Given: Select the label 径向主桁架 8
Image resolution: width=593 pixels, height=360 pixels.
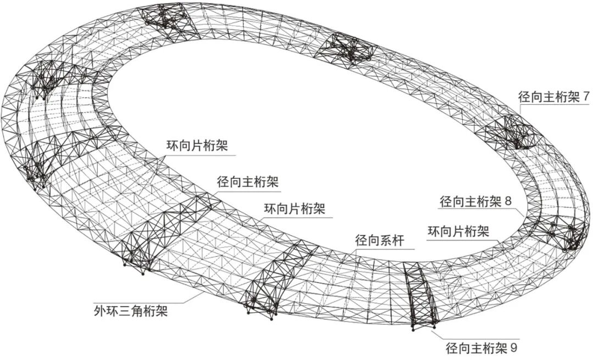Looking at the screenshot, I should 475,201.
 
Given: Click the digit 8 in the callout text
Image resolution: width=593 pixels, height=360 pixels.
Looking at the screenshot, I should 508,201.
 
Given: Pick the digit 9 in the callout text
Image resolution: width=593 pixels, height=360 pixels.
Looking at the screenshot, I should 514,348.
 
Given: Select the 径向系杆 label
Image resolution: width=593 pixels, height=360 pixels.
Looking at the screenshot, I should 379,240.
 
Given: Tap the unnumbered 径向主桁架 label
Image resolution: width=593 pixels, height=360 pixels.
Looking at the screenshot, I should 248,182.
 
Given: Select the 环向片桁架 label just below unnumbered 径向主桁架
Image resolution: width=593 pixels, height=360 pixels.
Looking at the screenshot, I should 295,209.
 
